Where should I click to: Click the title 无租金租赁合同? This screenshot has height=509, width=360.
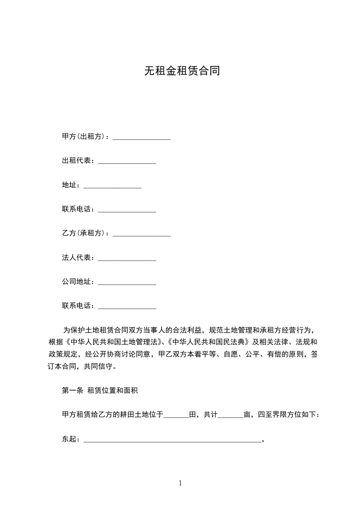pyautogui.click(x=182, y=71)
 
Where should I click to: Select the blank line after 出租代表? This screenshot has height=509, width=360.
pyautogui.click(x=127, y=161)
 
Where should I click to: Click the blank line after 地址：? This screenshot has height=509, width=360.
pyautogui.click(x=113, y=185)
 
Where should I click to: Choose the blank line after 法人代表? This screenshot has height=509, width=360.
pyautogui.click(x=127, y=258)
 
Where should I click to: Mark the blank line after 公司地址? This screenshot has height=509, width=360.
pyautogui.click(x=127, y=283)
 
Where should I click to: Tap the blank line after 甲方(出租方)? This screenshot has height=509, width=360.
pyautogui.click(x=142, y=137)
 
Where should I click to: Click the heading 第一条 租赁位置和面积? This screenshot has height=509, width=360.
pyautogui.click(x=103, y=390)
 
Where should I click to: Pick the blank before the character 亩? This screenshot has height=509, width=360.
pyautogui.click(x=231, y=415)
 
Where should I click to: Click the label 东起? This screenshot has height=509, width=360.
pyautogui.click(x=70, y=439)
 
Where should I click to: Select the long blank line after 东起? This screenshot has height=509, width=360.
pyautogui.click(x=173, y=440)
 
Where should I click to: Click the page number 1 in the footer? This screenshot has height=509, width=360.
pyautogui.click(x=180, y=483)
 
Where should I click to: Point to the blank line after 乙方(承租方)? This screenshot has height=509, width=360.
pyautogui.click(x=142, y=234)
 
